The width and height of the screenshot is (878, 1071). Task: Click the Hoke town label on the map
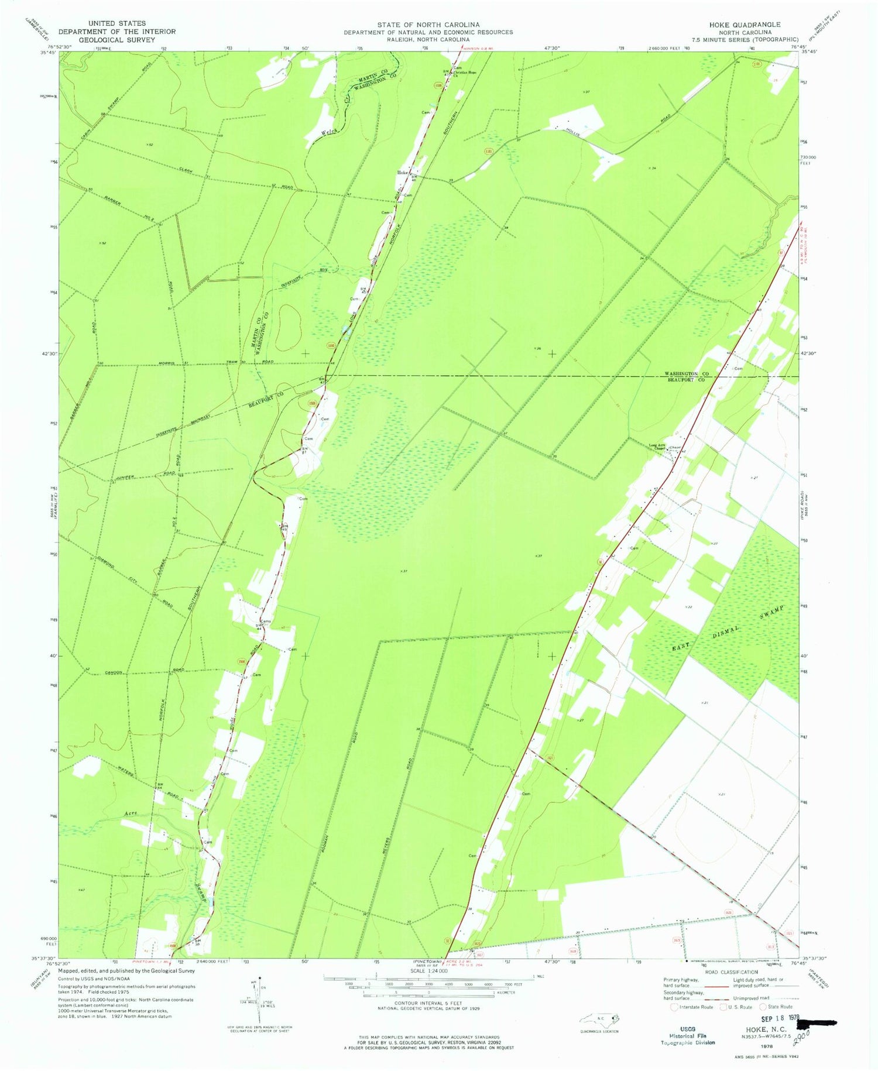402,173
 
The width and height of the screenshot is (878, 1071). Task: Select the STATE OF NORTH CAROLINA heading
428,25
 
